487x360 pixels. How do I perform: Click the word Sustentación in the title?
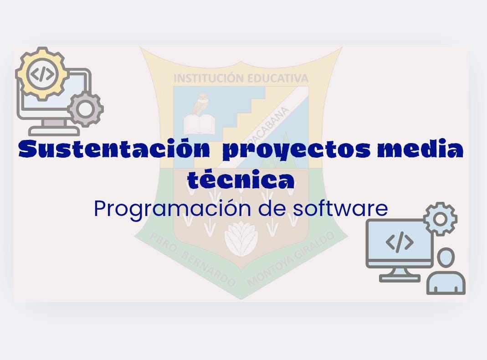[x=114, y=149]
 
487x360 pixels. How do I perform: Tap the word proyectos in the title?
[x=296, y=150]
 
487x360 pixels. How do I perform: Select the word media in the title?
[x=420, y=149]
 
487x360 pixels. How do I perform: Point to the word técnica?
[x=241, y=179]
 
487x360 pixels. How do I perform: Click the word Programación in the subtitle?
[x=172, y=209]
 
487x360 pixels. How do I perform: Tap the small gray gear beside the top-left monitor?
[x=85, y=109]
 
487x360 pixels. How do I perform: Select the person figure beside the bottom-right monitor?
[x=446, y=271]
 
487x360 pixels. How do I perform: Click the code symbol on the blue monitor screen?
[x=400, y=242]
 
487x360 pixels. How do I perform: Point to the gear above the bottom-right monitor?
[x=440, y=219]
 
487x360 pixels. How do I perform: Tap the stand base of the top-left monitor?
[x=54, y=131]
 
